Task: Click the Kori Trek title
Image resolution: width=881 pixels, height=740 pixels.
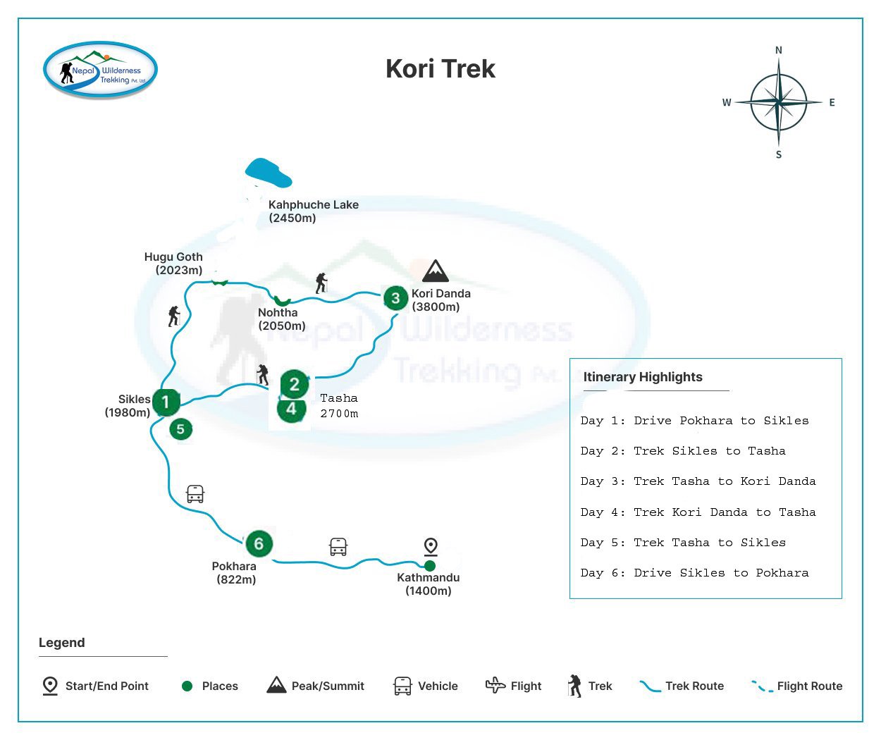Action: point(440,69)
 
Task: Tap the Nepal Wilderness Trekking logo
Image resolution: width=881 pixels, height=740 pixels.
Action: point(100,70)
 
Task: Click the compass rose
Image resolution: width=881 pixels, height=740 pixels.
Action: point(778,103)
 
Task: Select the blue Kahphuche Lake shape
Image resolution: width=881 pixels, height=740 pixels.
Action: point(268,173)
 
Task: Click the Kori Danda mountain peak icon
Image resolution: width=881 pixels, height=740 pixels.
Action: point(436,271)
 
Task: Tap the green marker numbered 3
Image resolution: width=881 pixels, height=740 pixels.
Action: point(395,298)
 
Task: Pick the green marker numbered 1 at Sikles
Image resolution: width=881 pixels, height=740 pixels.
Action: point(166,402)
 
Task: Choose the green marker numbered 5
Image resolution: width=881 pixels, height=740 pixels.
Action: point(181,428)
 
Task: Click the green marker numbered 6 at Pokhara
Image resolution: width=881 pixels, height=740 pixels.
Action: point(259,543)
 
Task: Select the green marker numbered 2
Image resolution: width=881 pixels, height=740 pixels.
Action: point(295,384)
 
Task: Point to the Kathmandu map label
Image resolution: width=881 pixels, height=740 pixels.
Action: point(428,584)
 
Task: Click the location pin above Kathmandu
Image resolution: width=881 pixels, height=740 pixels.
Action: point(431,546)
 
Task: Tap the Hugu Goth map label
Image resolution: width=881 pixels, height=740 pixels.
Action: point(174,264)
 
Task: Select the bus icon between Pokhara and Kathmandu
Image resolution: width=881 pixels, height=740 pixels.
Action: point(338,547)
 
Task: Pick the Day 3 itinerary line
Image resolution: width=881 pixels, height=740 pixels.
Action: point(698,481)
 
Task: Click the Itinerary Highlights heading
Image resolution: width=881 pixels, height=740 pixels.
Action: point(643,377)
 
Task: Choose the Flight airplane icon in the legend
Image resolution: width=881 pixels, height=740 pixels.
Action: point(495,685)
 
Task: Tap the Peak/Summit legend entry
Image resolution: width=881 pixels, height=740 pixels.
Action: point(316,686)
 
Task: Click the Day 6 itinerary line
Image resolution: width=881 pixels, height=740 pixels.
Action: point(694,573)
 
